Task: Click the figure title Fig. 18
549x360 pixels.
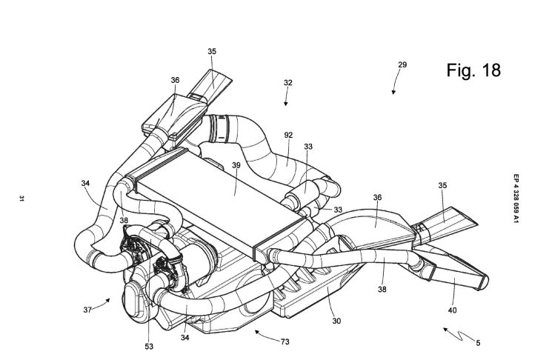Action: coord(474,70)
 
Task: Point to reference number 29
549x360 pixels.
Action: coord(402,66)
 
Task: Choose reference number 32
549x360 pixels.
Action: coord(287,84)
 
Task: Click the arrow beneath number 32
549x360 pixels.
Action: coord(285,105)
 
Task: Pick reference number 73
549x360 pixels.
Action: coord(285,341)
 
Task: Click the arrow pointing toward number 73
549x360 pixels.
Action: coord(259,334)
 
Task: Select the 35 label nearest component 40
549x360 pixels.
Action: coord(442,190)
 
